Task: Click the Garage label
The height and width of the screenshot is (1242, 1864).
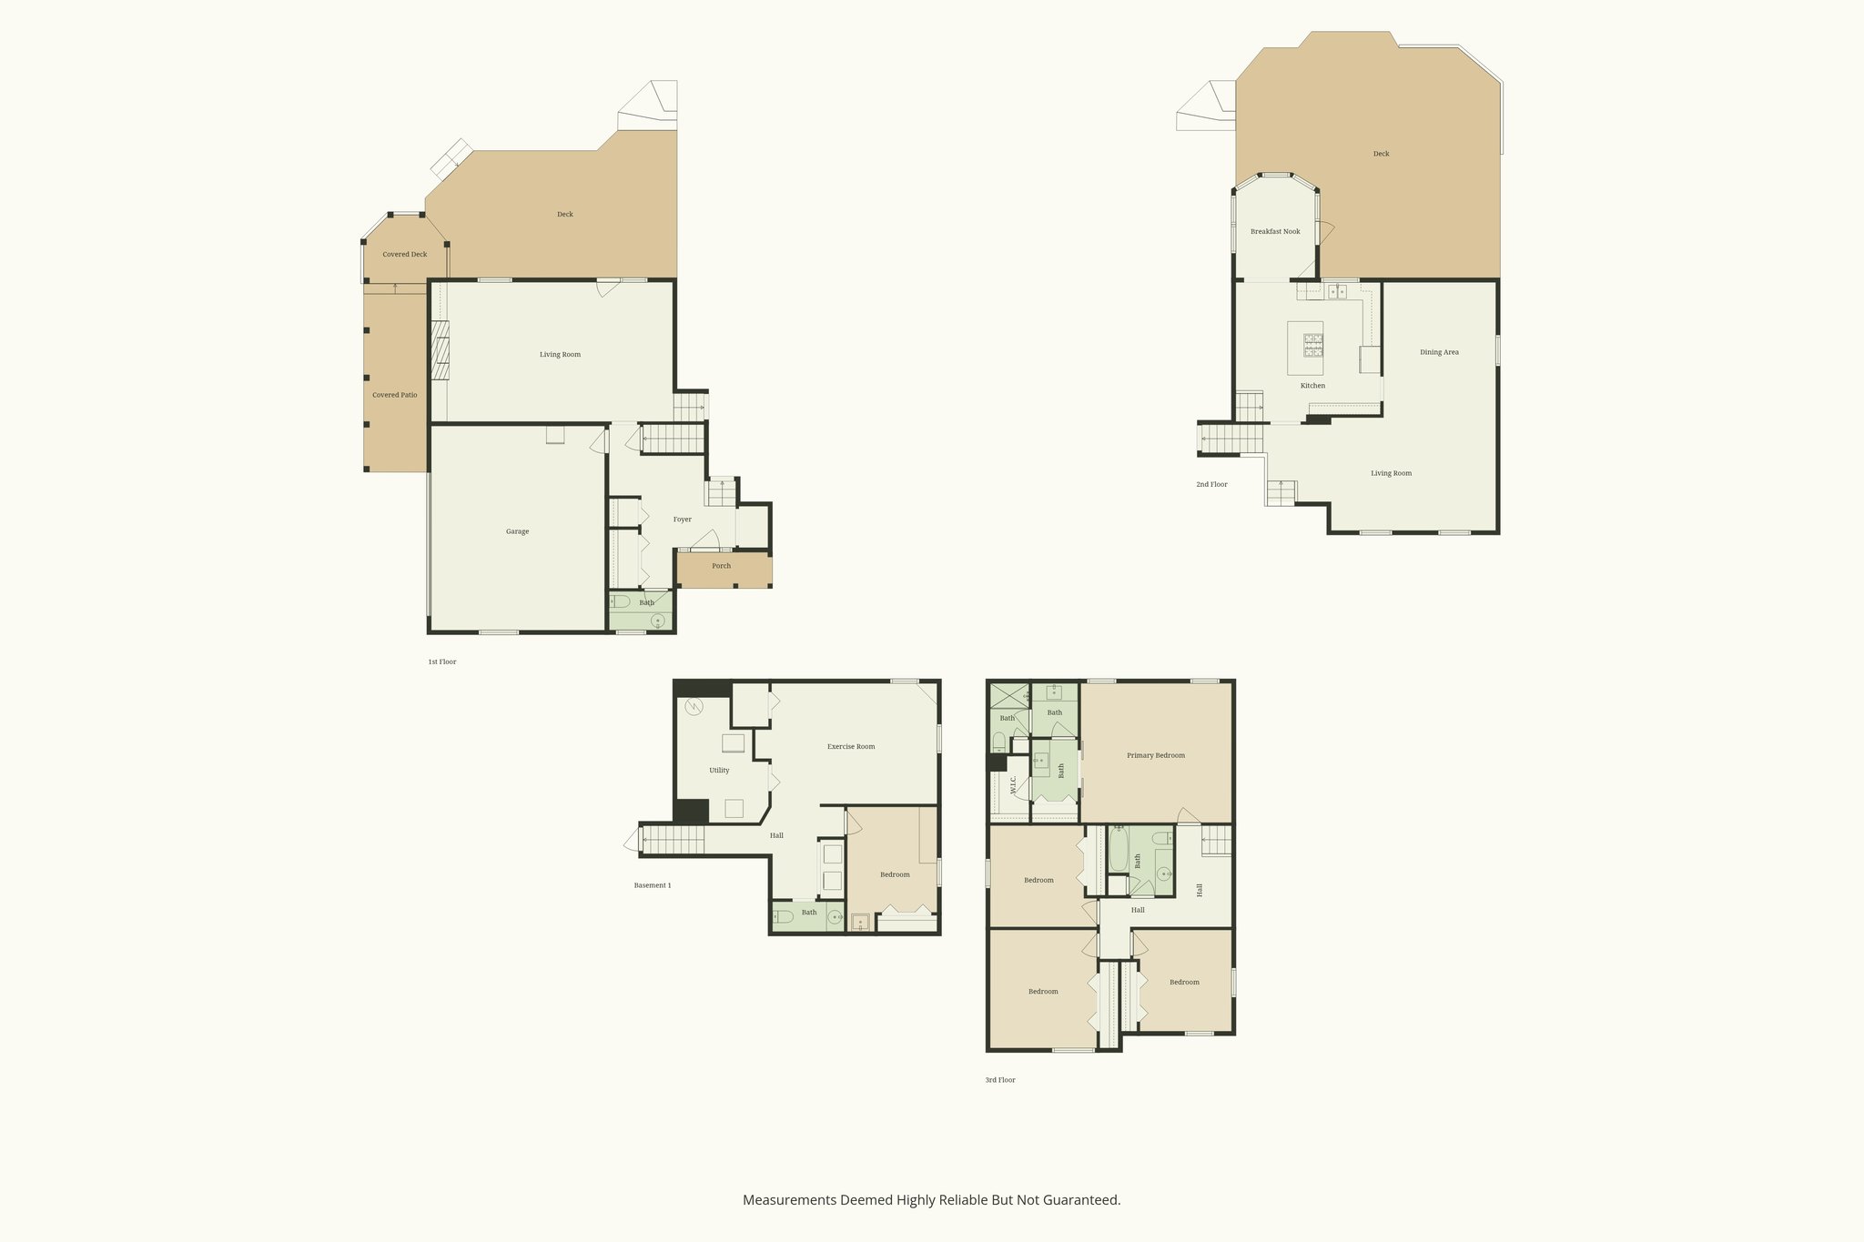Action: [517, 531]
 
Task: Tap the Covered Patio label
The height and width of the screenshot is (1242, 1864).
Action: [395, 395]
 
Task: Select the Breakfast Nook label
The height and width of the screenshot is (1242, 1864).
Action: [1275, 231]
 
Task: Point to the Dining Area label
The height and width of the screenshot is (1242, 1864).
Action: [1439, 352]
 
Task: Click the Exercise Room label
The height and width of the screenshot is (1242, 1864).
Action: [851, 746]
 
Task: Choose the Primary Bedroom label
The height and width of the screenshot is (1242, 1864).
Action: [1156, 755]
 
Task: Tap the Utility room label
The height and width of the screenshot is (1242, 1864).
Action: [719, 770]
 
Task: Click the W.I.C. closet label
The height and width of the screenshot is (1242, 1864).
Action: [1013, 785]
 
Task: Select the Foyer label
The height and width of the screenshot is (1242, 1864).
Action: [683, 520]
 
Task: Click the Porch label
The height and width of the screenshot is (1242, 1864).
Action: [722, 566]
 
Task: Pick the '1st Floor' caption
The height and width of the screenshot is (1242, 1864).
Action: [442, 661]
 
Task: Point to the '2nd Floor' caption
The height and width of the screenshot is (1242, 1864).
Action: [1211, 484]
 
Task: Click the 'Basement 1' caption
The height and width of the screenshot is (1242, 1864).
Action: [653, 884]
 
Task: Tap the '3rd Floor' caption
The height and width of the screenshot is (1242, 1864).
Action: [1000, 1080]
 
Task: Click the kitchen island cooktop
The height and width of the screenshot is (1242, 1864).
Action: [1313, 345]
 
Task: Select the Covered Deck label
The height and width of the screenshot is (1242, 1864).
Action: [405, 254]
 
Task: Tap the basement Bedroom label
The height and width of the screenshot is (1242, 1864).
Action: [895, 874]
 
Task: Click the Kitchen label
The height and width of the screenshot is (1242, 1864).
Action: [1312, 386]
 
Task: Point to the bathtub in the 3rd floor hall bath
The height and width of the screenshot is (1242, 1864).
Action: [1119, 850]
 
